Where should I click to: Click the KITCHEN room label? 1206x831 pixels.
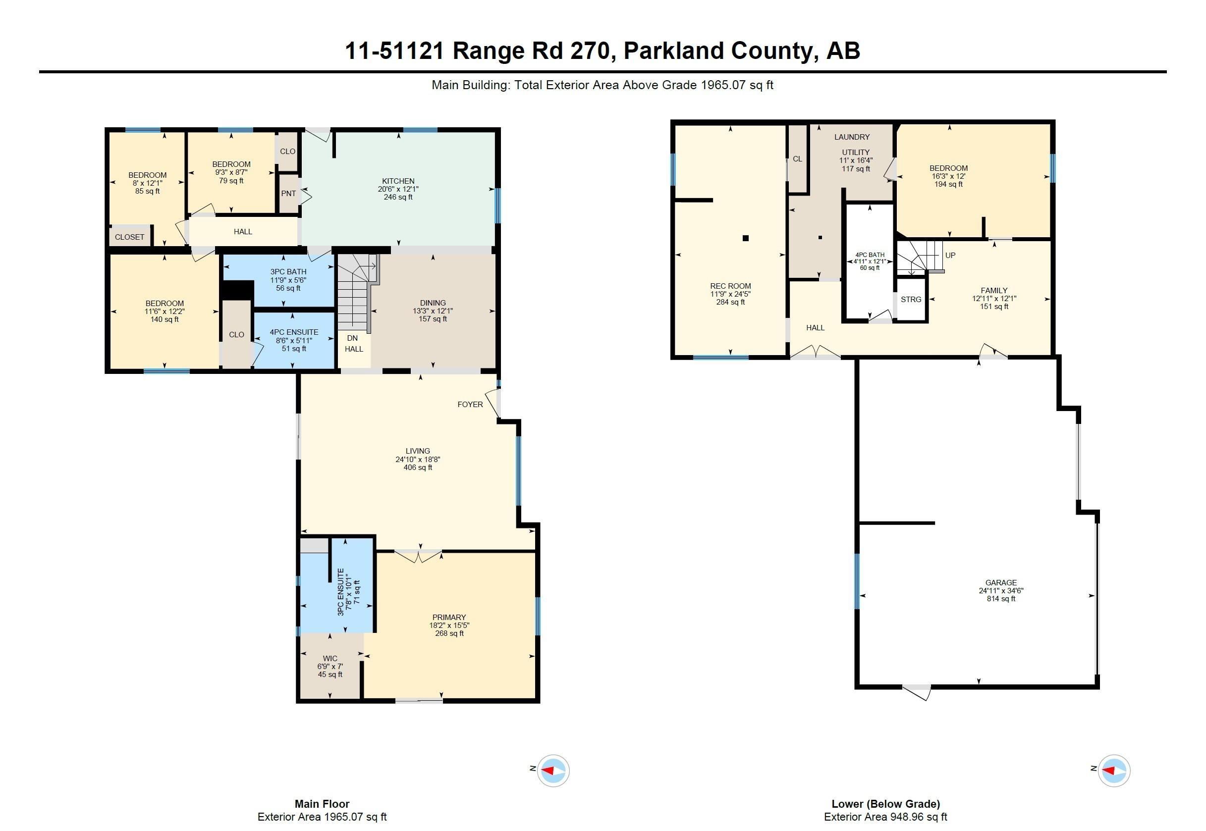(x=398, y=181)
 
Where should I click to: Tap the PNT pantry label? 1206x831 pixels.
(x=288, y=193)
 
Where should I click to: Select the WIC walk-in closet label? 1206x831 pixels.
(x=330, y=658)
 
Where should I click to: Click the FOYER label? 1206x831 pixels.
(x=470, y=404)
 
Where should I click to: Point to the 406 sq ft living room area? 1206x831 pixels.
(x=418, y=467)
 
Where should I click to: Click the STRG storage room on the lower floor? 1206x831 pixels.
(x=911, y=300)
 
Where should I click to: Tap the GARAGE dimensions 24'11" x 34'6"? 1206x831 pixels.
(x=1001, y=590)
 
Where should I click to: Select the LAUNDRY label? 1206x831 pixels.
(x=852, y=137)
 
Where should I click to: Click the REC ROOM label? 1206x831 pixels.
(x=730, y=286)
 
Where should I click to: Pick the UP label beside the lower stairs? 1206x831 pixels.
(x=950, y=255)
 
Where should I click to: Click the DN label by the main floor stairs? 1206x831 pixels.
(x=352, y=338)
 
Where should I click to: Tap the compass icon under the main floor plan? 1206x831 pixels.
(x=553, y=770)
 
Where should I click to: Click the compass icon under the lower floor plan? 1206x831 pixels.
(x=1114, y=770)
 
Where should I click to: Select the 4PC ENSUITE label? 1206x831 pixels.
(x=294, y=332)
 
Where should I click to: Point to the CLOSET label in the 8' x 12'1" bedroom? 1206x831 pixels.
(x=130, y=237)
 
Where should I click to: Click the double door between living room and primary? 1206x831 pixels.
(x=418, y=556)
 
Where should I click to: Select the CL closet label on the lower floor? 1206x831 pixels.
(x=797, y=159)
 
